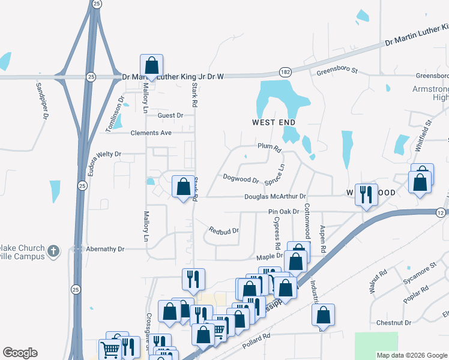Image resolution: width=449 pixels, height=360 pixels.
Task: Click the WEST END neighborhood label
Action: point(273,122)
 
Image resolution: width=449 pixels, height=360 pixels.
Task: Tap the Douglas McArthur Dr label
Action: point(276,196)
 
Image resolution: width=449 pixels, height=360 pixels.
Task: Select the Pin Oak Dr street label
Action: point(283,212)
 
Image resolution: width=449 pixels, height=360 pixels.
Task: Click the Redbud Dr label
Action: point(224,230)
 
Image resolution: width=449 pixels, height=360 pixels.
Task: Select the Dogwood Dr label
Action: point(240,179)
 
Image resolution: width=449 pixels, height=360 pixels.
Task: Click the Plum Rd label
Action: point(269,146)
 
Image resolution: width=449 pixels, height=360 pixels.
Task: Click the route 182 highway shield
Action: point(286,72)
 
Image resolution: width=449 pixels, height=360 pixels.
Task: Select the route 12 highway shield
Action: point(441,213)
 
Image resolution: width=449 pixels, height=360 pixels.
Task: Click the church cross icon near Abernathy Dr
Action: point(53,250)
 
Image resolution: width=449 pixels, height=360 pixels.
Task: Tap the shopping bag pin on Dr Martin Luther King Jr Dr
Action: point(151,66)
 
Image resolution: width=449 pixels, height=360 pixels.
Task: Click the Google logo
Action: point(20,353)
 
